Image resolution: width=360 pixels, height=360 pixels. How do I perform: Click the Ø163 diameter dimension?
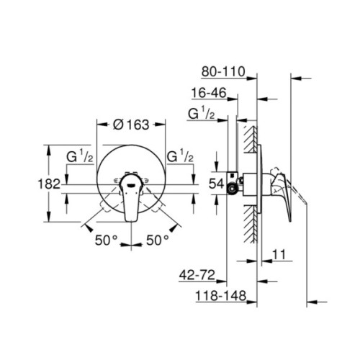[131, 124]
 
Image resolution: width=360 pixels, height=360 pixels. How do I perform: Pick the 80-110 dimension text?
[223, 71]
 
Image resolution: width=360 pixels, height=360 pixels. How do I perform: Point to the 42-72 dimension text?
[200, 274]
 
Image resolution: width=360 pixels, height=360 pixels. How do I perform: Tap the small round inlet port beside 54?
[233, 189]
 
